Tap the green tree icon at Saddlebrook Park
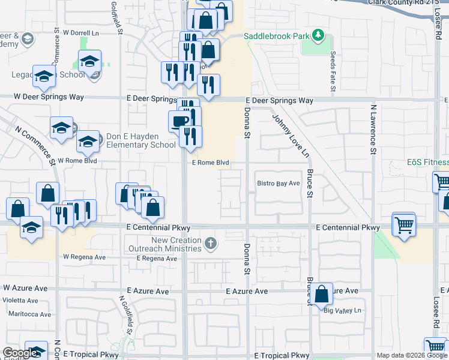point(318,37)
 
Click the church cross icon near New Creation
point(210,244)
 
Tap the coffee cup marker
point(179,121)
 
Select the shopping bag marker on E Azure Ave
point(322,293)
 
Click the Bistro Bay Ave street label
point(278,183)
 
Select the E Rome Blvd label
point(211,163)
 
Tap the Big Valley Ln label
point(343,310)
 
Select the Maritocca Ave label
point(26,314)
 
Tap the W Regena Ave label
point(84,257)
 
